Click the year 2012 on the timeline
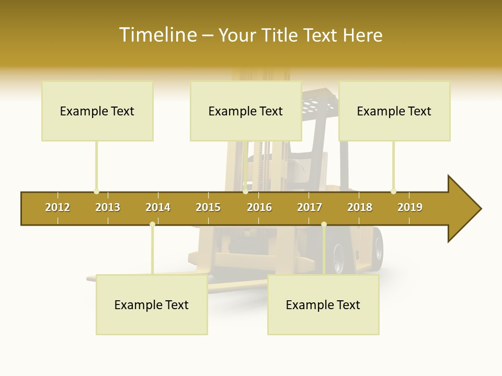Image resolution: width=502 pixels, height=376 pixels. click(58, 207)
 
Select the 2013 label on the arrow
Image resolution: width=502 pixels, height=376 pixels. click(108, 207)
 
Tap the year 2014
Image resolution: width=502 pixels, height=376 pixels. click(158, 207)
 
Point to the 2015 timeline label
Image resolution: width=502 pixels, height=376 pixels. click(208, 207)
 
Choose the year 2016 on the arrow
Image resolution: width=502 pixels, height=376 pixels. click(259, 207)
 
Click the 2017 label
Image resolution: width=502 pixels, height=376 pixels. click(310, 207)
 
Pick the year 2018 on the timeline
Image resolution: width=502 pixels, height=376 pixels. click(360, 207)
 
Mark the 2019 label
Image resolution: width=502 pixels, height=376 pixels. click(410, 207)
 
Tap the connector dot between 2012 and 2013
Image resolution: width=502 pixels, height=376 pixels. click(96, 191)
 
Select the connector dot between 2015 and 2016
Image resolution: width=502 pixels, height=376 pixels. click(245, 191)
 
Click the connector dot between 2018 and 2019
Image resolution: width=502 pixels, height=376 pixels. click(393, 191)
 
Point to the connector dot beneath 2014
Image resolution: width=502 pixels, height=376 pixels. click(152, 225)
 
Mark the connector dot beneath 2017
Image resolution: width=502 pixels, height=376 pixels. click(324, 225)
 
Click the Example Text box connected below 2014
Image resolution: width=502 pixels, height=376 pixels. click(152, 304)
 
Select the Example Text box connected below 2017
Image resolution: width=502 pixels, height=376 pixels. click(323, 304)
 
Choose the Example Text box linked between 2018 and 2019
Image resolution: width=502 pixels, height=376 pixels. click(394, 111)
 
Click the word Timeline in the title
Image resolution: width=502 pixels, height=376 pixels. click(157, 35)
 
